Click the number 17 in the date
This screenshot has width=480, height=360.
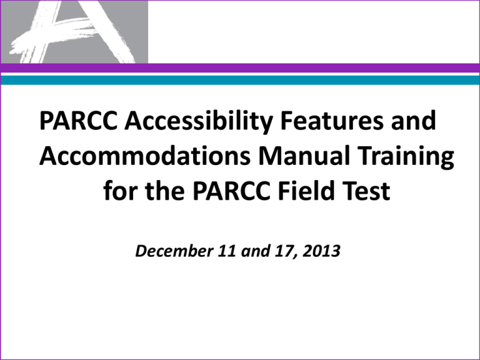[260, 253]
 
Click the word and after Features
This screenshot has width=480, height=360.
[410, 121]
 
